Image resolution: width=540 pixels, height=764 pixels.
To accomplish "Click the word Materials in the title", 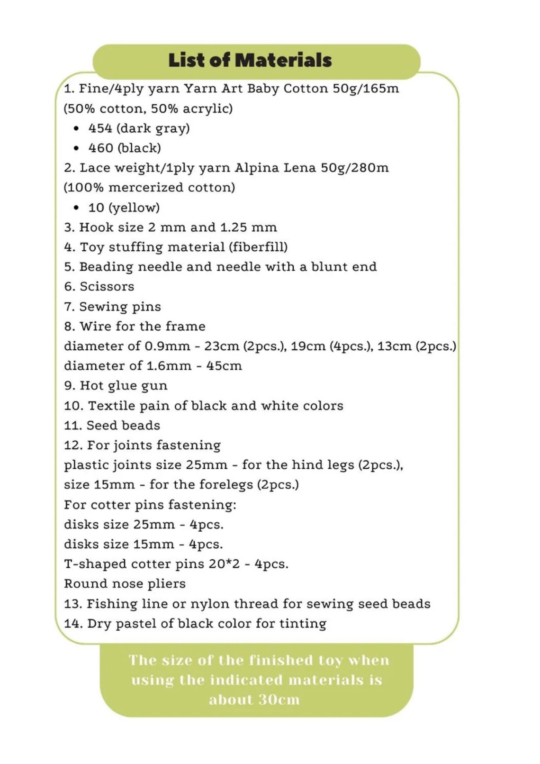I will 283,60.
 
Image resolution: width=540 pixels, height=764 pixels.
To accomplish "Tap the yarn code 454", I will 100,128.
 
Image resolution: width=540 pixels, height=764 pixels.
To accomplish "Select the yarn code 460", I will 100,148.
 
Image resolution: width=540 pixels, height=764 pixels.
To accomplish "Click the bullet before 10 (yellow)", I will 76,208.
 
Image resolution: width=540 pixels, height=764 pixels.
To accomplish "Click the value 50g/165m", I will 366,89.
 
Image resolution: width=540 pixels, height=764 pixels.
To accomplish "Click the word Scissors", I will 107,287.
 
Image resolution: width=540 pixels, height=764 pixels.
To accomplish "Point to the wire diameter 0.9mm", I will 167,346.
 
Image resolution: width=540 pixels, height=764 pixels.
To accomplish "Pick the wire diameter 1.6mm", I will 167,366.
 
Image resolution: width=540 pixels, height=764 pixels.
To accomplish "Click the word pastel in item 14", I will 136,624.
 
